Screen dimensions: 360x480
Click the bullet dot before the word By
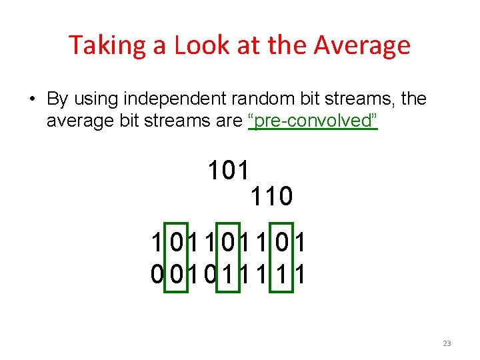32,100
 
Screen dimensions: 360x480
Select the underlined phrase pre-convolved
313,121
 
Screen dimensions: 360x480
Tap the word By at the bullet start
57,99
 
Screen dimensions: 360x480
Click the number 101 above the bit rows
229,171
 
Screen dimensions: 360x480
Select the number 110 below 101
271,196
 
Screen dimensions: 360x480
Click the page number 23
447,343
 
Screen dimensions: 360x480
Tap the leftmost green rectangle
176,257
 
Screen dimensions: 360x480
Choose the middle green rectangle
228,257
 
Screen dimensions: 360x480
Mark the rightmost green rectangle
284,257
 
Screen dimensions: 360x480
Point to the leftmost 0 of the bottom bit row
157,273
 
